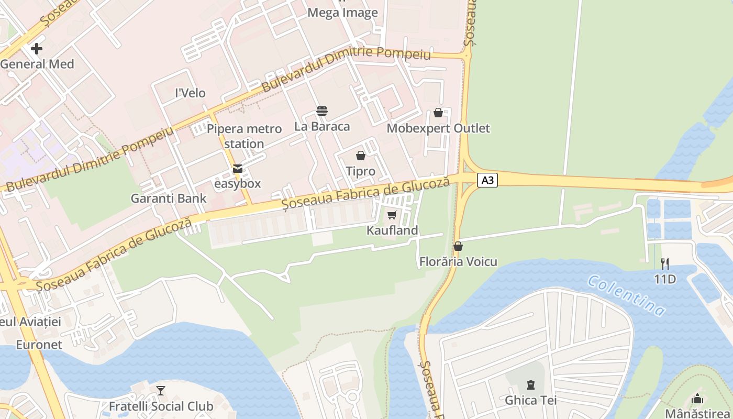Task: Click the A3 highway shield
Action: [487, 181]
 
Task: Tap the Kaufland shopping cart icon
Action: [392, 215]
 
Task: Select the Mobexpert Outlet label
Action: [438, 128]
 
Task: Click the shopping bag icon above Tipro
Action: [361, 156]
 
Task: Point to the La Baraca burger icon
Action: [321, 111]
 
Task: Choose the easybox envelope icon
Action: [238, 169]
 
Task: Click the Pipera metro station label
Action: [244, 136]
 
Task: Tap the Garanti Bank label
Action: [169, 199]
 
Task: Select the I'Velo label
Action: [190, 93]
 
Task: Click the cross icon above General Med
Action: [37, 49]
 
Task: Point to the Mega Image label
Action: [342, 13]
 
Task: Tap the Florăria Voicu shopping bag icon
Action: [458, 246]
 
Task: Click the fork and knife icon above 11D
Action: [665, 263]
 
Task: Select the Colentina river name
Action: [626, 295]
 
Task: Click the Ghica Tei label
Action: [530, 401]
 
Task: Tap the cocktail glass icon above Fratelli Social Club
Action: [161, 391]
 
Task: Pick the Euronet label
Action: [39, 345]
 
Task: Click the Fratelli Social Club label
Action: [161, 406]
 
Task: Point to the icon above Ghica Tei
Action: [531, 385]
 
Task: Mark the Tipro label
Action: [361, 171]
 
